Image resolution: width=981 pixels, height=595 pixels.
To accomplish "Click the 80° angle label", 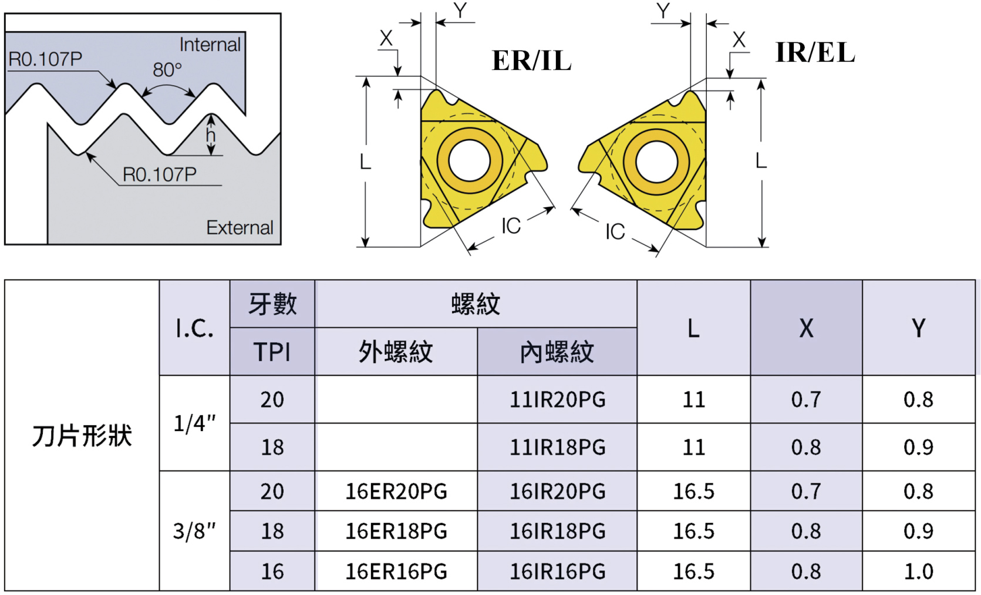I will [x=167, y=70].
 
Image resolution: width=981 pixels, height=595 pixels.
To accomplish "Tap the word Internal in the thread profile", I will [x=210, y=45].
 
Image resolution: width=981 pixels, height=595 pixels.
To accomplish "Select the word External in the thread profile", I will [x=240, y=227].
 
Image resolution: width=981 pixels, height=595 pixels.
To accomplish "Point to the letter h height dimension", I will [x=211, y=136].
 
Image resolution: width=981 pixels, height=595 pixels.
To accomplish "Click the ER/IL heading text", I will [x=531, y=60].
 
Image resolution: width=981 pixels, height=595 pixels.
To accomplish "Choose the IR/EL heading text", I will [x=815, y=52].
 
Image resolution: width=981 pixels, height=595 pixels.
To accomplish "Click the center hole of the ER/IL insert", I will [x=469, y=161].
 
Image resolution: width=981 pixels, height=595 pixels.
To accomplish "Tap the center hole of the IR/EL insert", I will [x=656, y=162].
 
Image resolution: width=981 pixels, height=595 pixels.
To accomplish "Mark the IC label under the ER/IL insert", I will [x=511, y=226].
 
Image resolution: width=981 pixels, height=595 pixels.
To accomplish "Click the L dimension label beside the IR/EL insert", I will [x=761, y=160].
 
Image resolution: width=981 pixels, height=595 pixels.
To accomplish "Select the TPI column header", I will [x=272, y=352].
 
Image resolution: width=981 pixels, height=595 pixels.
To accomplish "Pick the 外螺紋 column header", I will [x=396, y=352].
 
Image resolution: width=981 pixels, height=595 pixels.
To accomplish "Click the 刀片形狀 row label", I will [x=82, y=435].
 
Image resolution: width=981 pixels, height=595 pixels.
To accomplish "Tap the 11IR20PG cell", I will [x=557, y=399].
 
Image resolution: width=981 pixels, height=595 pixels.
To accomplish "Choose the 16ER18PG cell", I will [x=396, y=531].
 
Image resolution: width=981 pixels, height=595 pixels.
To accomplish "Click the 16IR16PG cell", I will [x=557, y=571].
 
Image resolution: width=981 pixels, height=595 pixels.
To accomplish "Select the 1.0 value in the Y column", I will [x=918, y=571].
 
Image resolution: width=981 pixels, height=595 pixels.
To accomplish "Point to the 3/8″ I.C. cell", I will [x=194, y=531].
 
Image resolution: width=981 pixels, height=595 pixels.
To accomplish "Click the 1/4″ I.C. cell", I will [x=194, y=423].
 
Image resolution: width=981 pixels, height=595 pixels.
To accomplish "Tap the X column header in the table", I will [x=806, y=328].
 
